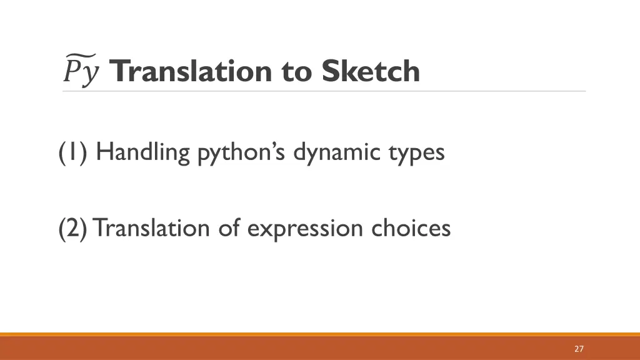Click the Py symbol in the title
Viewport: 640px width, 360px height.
click(x=81, y=70)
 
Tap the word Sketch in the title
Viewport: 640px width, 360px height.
click(x=371, y=71)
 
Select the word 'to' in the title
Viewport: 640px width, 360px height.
click(x=297, y=72)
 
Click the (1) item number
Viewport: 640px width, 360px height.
click(x=74, y=152)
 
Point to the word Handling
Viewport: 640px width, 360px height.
click(x=143, y=152)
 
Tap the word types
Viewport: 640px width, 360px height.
click(x=416, y=153)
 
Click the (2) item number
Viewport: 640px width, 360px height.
click(x=74, y=228)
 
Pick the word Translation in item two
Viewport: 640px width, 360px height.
click(x=152, y=228)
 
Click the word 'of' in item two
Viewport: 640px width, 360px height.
click(x=229, y=228)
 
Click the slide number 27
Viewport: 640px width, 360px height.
click(x=579, y=349)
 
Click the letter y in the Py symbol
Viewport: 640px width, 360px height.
click(x=91, y=74)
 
